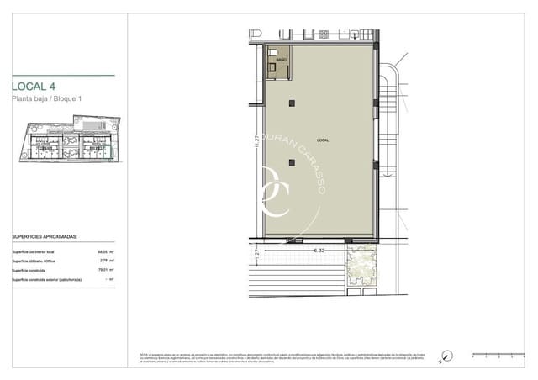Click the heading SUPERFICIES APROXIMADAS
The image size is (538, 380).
pos(44,238)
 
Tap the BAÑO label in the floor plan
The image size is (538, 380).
pos(281,61)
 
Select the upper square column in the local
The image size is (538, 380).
pos(291,103)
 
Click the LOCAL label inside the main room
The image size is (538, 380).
pos(323,139)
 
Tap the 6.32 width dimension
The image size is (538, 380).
pos(319,250)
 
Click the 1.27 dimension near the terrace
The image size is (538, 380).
pos(255,250)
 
